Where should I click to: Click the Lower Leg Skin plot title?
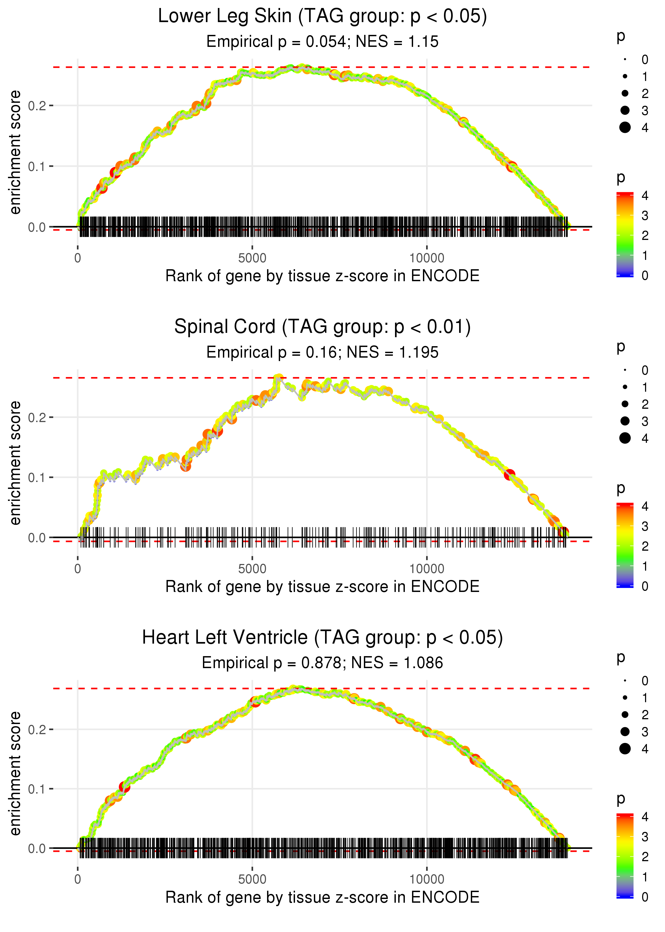[322, 17]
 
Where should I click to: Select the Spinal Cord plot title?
[322, 327]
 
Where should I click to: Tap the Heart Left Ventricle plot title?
[322, 638]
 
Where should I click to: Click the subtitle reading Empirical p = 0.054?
[322, 42]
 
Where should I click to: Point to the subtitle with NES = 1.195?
[322, 353]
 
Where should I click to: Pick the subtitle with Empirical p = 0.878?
[322, 663]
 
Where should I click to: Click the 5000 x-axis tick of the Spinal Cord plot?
[252, 569]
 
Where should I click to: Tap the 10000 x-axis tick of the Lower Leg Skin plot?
[427, 258]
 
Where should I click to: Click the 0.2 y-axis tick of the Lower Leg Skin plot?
[37, 106]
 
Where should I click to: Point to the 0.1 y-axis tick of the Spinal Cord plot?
[37, 477]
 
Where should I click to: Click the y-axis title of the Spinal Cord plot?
[15, 463]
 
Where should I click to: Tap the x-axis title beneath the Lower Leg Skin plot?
[322, 276]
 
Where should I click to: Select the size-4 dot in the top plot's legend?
[625, 128]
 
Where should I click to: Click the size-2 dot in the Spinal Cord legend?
[625, 404]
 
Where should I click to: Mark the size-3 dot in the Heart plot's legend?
[625, 731]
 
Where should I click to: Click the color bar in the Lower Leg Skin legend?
[625, 234]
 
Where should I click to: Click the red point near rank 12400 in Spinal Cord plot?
[509, 475]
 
